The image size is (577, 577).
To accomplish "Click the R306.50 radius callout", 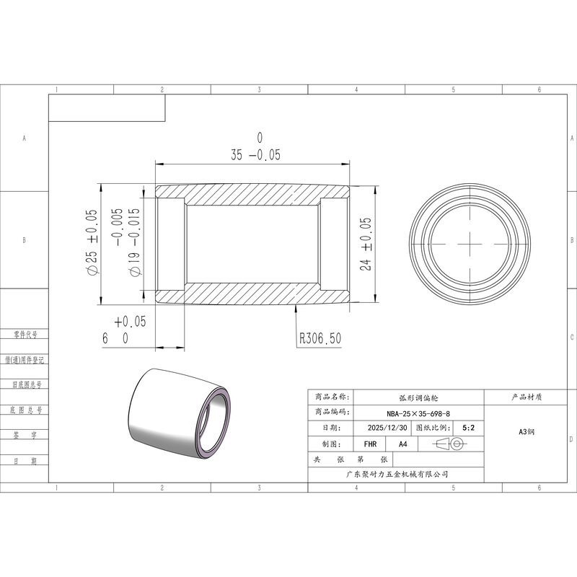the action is pyautogui.click(x=320, y=338).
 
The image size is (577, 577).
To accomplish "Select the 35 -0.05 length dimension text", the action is pyautogui.click(x=256, y=148).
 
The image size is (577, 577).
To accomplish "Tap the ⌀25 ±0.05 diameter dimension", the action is pyautogui.click(x=92, y=242).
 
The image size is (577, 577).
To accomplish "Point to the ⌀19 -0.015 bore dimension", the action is pyautogui.click(x=126, y=242).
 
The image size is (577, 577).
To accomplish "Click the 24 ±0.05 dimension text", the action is pyautogui.click(x=366, y=244).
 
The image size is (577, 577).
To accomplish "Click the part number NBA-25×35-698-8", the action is pyautogui.click(x=418, y=413).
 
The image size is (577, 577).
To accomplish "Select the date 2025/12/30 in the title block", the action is pyautogui.click(x=387, y=428).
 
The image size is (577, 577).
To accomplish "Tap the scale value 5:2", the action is pyautogui.click(x=468, y=428).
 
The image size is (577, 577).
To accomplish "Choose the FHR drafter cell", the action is pyautogui.click(x=370, y=444).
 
